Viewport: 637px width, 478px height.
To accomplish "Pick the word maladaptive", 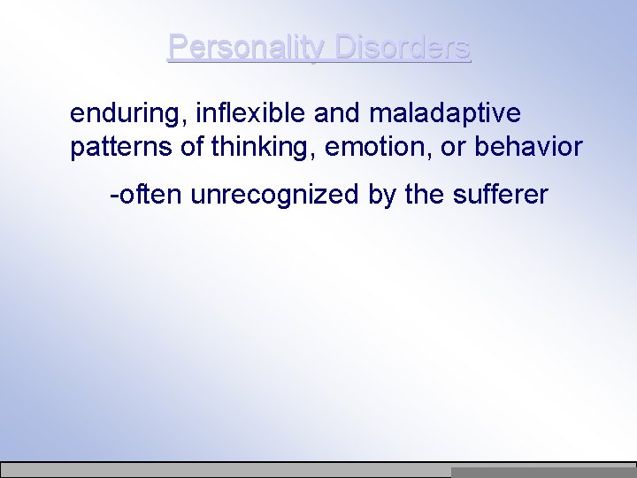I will point(444,114).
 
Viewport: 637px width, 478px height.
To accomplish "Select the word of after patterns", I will point(193,146).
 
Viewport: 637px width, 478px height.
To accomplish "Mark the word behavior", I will point(529,146).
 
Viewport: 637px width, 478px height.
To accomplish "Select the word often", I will point(150,193).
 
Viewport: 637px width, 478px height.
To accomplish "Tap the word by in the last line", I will point(383,194).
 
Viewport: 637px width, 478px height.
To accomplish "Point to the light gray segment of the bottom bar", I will point(226,471).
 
